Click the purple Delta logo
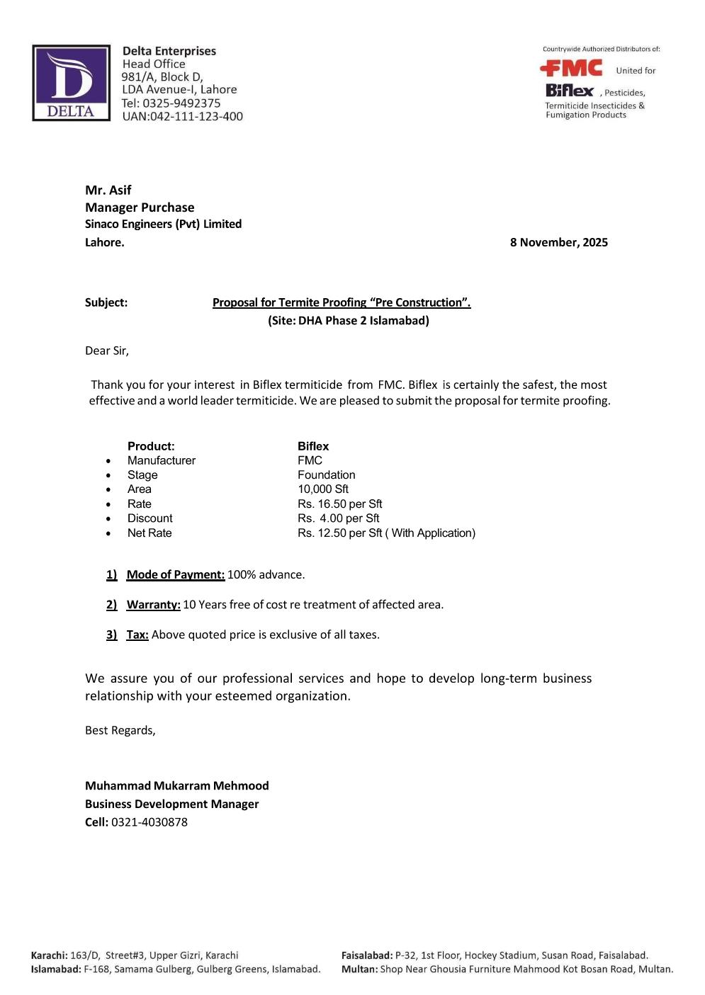click(71, 83)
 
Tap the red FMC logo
click(571, 68)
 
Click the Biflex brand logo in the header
click(570, 91)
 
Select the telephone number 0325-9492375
click(181, 103)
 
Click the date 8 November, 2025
click(558, 242)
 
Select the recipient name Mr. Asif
click(108, 190)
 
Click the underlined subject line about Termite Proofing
click(342, 302)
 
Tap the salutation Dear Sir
click(107, 351)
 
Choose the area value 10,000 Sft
click(323, 489)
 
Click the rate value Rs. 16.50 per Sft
click(339, 504)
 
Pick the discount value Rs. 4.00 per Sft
click(338, 518)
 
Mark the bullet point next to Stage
click(108, 475)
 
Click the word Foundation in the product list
click(326, 474)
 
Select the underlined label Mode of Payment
click(175, 574)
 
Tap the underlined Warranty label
click(153, 604)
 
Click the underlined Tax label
click(137, 635)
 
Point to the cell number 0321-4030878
click(150, 822)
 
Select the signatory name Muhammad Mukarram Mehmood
click(176, 785)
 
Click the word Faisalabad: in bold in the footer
click(367, 955)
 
